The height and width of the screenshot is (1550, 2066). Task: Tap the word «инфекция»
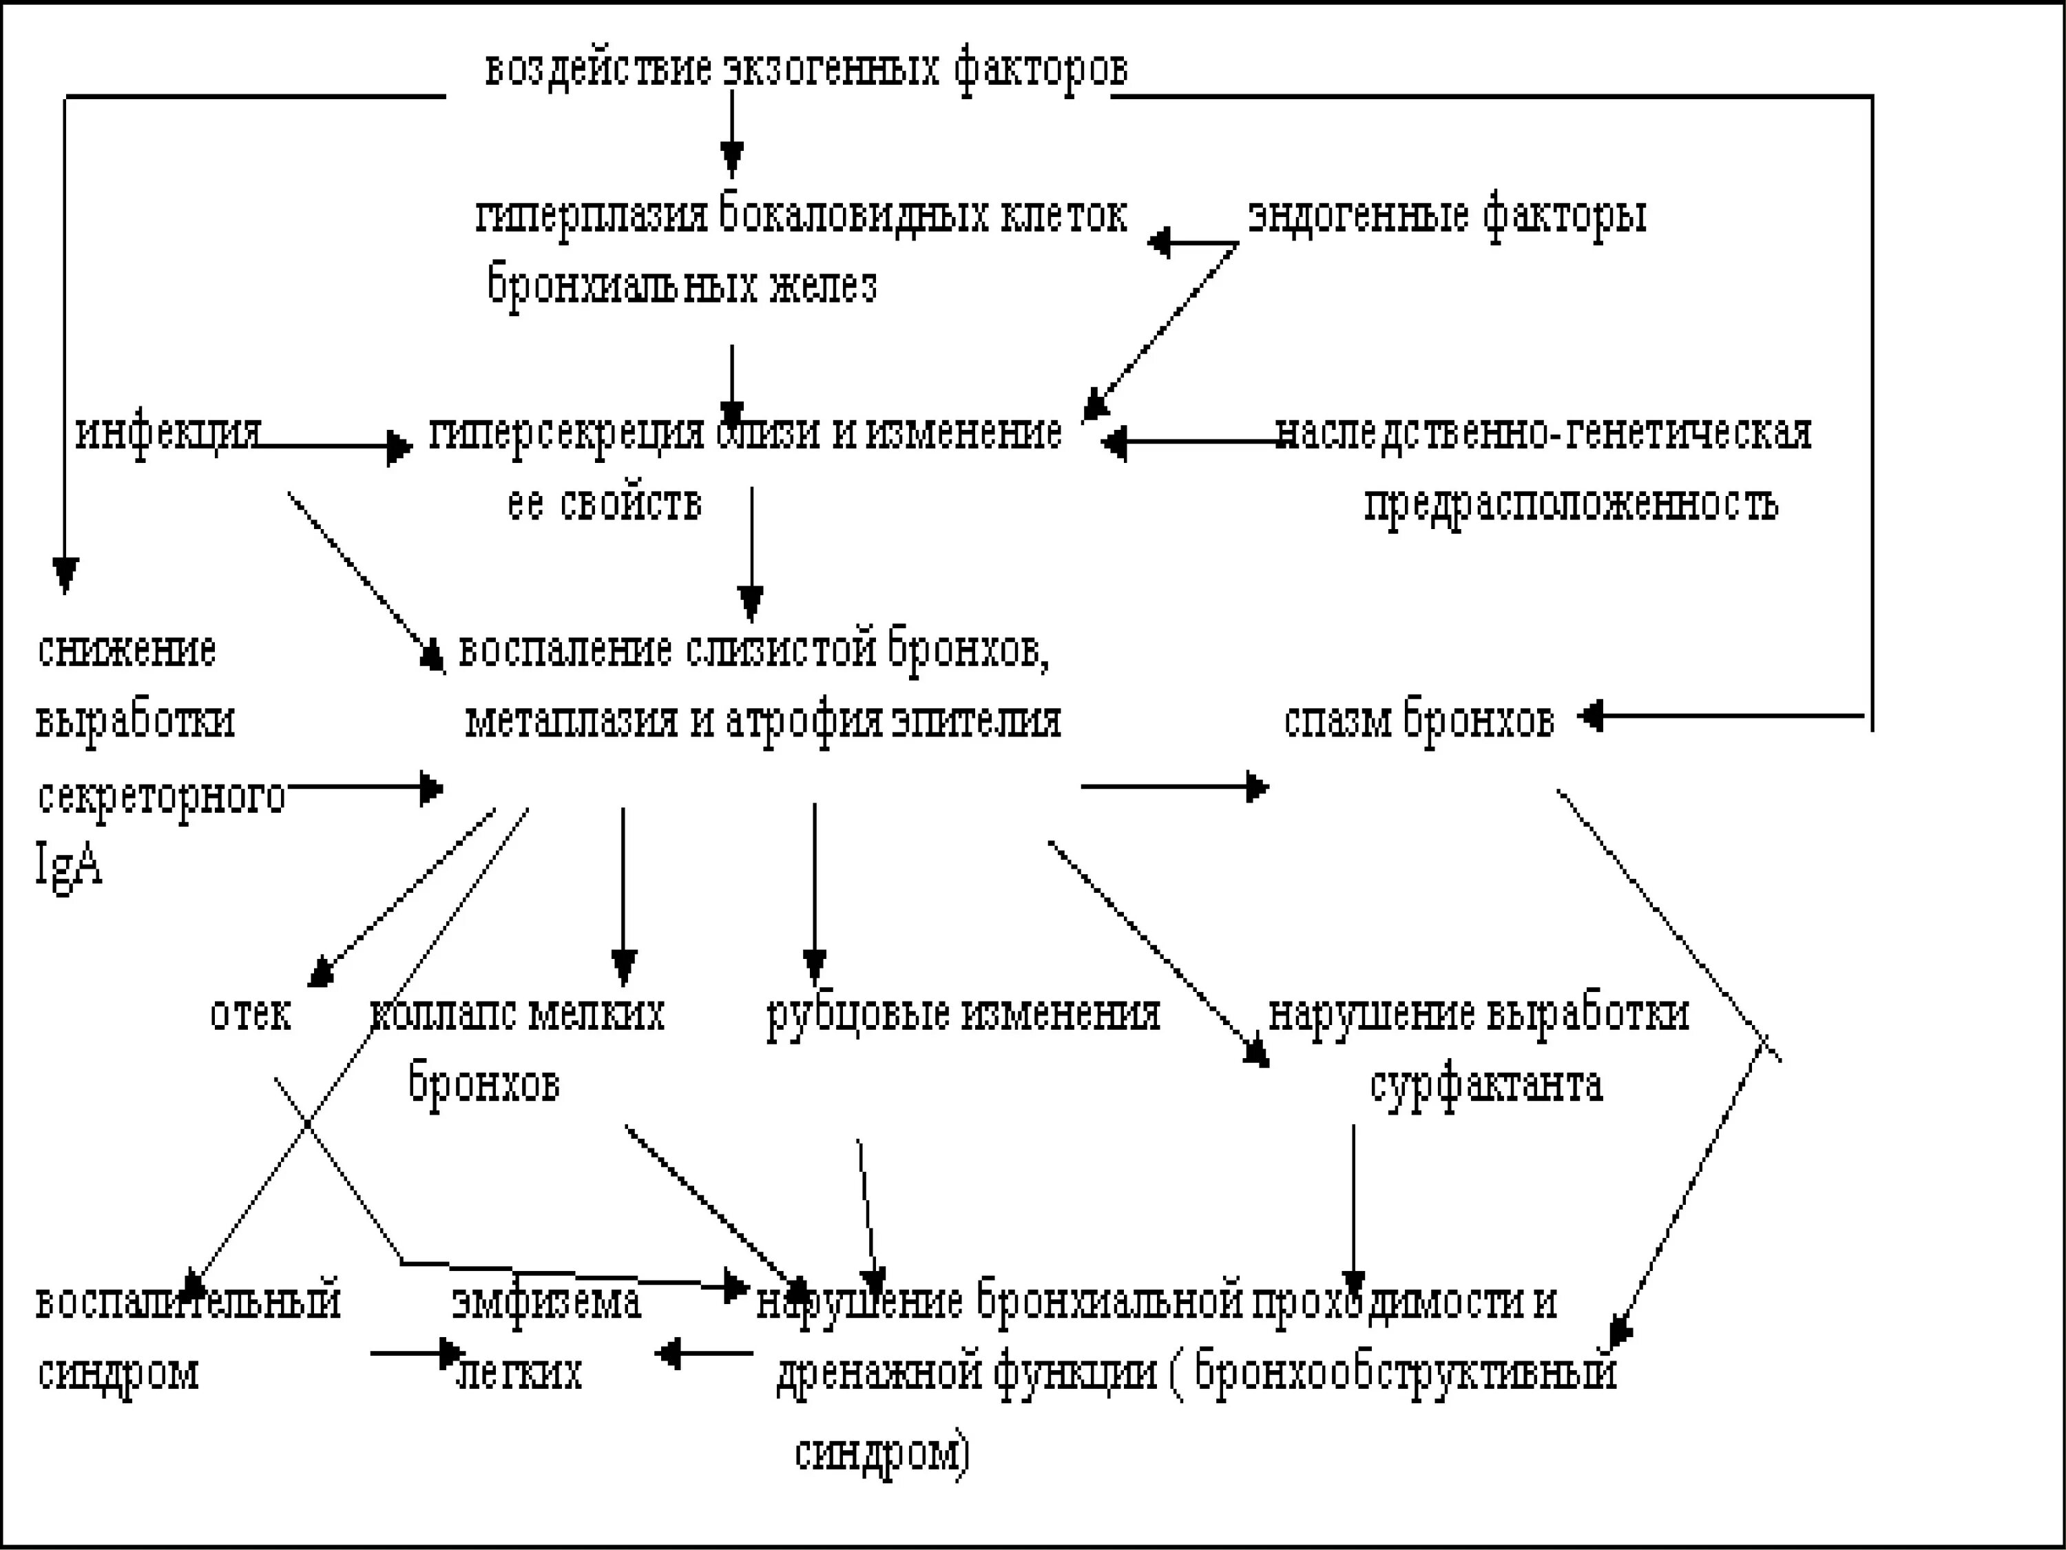click(x=168, y=433)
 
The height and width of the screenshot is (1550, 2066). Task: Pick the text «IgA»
click(x=68, y=865)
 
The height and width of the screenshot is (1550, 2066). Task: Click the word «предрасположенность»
click(x=1571, y=504)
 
